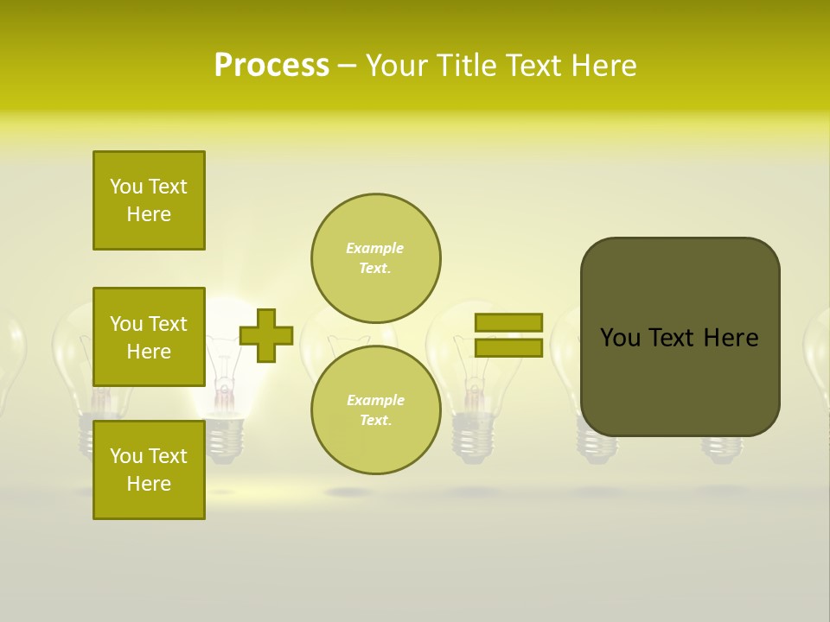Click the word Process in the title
point(271,66)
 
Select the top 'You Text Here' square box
point(149,200)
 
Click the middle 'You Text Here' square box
point(149,337)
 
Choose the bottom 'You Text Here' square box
point(149,470)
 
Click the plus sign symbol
point(266,335)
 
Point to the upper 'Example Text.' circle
point(375,258)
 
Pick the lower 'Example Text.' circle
point(375,410)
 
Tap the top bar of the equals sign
point(508,323)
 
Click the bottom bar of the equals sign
point(508,348)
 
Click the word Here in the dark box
point(731,338)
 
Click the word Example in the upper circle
point(374,249)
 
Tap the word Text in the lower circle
point(374,421)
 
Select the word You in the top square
point(125,187)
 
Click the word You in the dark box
point(620,338)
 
